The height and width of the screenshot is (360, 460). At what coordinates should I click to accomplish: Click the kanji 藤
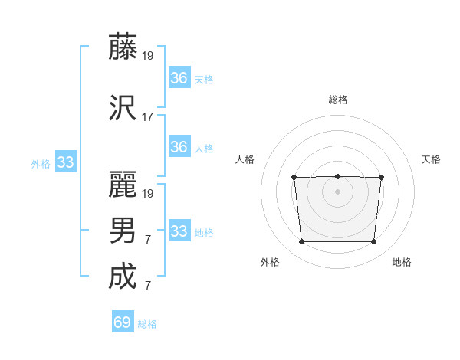[x=123, y=47]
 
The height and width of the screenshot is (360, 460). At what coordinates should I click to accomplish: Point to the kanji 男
[x=123, y=231]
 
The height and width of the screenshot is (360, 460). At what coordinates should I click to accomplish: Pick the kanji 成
[x=123, y=277]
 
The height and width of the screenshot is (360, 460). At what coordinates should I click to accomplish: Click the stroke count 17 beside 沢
[x=148, y=117]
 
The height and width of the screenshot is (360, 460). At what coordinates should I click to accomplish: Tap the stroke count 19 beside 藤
[x=148, y=56]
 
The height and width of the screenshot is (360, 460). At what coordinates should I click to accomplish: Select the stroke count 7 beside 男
[x=147, y=240]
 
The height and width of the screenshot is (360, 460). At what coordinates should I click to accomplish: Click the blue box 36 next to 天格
[x=179, y=78]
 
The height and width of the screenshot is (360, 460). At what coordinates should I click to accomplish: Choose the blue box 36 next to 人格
[x=179, y=147]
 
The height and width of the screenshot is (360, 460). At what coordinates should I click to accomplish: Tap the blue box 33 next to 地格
[x=179, y=231]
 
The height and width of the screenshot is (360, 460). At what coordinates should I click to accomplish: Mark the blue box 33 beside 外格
[x=65, y=162]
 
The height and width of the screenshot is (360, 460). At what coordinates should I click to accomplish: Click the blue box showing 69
[x=122, y=322]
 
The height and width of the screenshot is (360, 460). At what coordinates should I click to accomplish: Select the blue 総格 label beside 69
[x=147, y=324]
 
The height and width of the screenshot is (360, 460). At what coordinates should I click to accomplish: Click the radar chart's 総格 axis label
[x=337, y=100]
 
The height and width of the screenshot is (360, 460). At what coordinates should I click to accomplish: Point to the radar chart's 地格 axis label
[x=402, y=262]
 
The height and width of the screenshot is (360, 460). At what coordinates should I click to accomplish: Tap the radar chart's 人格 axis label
[x=245, y=159]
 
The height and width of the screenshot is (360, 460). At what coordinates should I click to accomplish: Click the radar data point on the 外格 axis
[x=301, y=242]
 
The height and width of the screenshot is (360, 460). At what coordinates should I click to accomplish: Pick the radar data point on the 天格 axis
[x=381, y=178]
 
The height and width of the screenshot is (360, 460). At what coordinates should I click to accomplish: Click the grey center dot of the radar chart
[x=337, y=191]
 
